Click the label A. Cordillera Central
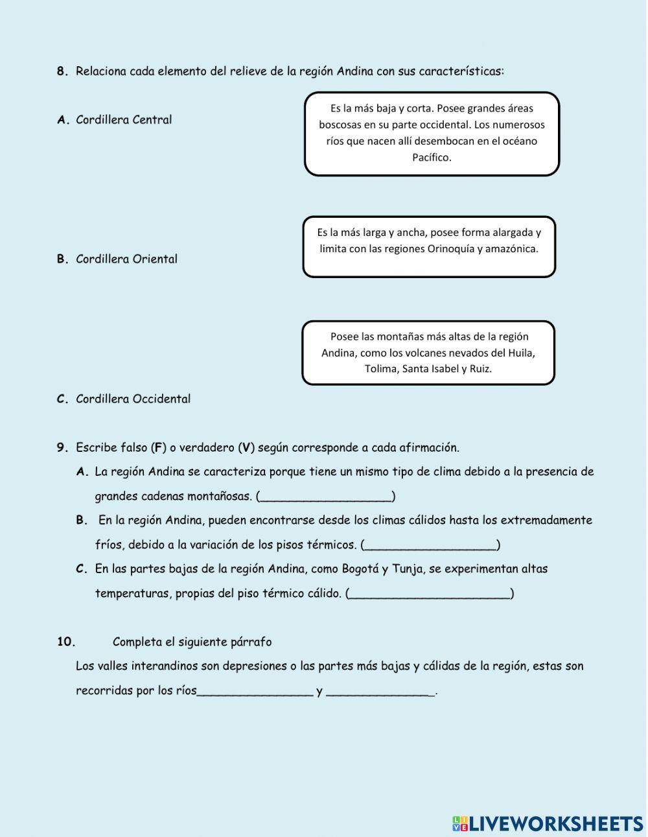pyautogui.click(x=115, y=120)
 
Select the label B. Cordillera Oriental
pyautogui.click(x=117, y=259)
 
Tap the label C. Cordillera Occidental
pyautogui.click(x=124, y=399)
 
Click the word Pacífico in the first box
pyautogui.click(x=432, y=158)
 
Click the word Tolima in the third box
pyautogui.click(x=380, y=369)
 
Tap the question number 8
pyautogui.click(x=62, y=71)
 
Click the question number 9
pyautogui.click(x=62, y=447)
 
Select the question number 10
pyautogui.click(x=66, y=642)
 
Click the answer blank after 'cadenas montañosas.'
pyautogui.click(x=325, y=497)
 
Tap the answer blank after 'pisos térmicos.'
pyautogui.click(x=430, y=545)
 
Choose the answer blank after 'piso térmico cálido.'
pyautogui.click(x=430, y=594)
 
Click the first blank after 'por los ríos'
pyautogui.click(x=255, y=691)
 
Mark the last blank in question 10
pyautogui.click(x=380, y=691)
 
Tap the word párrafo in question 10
pyautogui.click(x=251, y=642)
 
